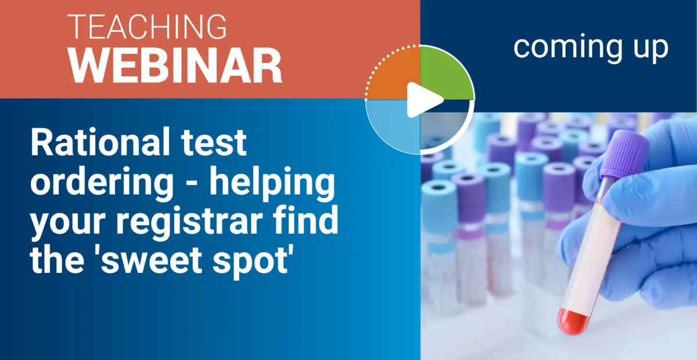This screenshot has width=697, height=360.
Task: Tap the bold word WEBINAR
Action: click(176, 65)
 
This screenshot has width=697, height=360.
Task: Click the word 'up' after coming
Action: click(649, 48)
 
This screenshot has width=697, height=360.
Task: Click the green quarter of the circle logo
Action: click(445, 74)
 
